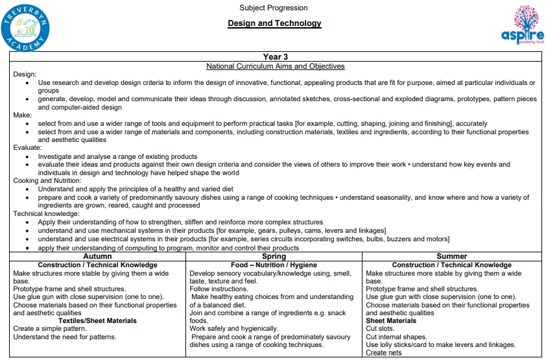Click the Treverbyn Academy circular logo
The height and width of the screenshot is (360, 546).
tap(25, 27)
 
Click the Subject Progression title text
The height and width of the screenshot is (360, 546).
tap(274, 8)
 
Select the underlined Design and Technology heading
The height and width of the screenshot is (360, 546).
tap(274, 23)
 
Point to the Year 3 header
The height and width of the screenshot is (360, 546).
tap(276, 57)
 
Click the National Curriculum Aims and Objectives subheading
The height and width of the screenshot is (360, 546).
tap(276, 66)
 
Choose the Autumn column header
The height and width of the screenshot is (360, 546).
tap(97, 256)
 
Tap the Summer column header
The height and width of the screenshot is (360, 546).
tap(451, 256)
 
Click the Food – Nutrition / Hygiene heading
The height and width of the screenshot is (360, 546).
tap(274, 265)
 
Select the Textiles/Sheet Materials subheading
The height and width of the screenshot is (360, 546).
tap(97, 320)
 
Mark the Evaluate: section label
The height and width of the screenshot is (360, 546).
tap(28, 147)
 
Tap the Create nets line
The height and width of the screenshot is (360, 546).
tap(385, 354)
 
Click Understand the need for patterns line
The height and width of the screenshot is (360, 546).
tap(65, 337)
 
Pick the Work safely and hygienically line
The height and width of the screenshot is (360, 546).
tap(233, 329)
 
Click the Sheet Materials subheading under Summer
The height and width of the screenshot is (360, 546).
tap(391, 320)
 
